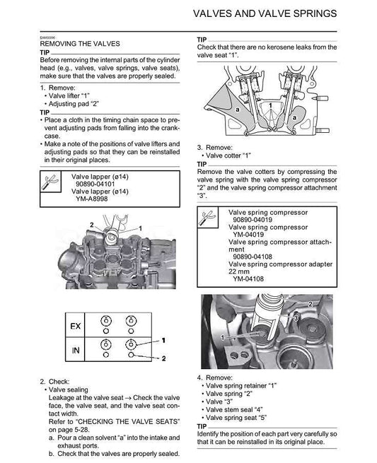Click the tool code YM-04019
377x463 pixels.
point(253,235)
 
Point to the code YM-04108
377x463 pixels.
point(253,278)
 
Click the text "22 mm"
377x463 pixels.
point(241,271)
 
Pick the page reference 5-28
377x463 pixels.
point(81,429)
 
